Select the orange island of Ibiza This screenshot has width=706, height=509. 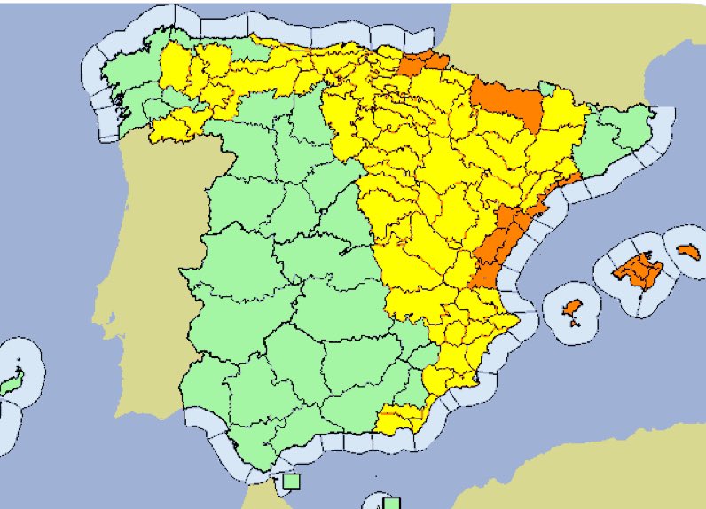[573, 309]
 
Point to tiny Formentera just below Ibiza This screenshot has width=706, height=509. [577, 323]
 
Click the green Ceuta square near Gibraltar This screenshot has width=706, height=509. [290, 482]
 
